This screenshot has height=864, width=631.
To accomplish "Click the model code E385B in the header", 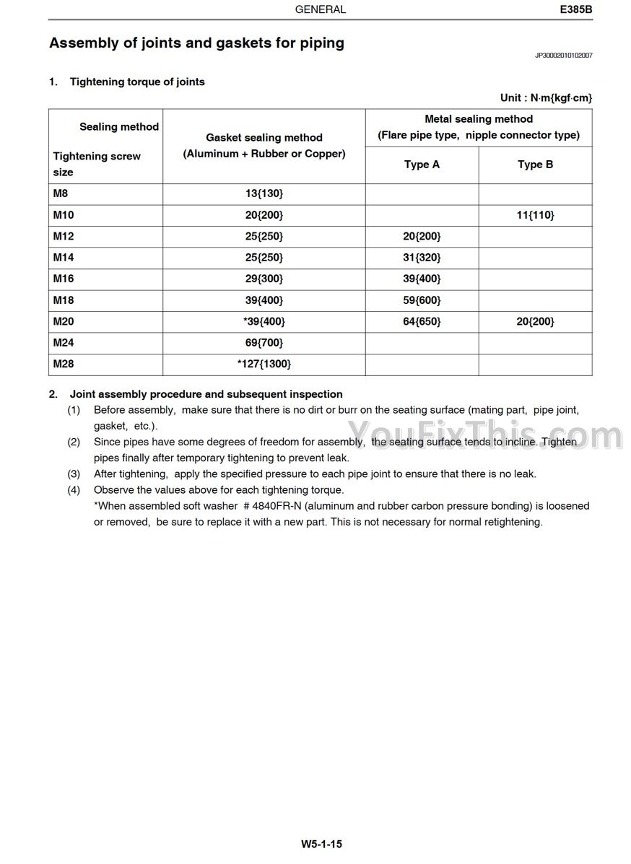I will (575, 10).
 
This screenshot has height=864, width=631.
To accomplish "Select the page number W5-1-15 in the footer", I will (321, 843).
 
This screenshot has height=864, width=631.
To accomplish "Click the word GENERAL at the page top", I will (321, 10).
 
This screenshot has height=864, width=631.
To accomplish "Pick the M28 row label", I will (64, 364).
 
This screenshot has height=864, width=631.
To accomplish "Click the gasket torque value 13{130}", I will (264, 193).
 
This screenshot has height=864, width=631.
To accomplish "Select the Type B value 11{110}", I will (535, 215).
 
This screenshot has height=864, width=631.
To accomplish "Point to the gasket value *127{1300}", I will (264, 364).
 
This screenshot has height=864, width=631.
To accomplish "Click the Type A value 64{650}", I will (422, 321).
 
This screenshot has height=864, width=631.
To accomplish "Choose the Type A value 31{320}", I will (422, 258).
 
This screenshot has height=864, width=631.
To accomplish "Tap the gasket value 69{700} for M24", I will (264, 343).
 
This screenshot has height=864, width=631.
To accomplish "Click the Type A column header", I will (422, 165).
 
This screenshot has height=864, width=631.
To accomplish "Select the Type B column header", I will (535, 165).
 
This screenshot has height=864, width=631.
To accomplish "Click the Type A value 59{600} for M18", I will (422, 300).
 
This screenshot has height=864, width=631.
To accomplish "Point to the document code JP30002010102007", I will (563, 55).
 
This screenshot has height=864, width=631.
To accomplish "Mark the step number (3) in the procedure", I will (74, 474).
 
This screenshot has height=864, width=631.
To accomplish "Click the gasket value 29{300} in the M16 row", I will (264, 279).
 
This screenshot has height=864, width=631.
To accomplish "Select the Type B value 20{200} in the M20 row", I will (535, 321).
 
